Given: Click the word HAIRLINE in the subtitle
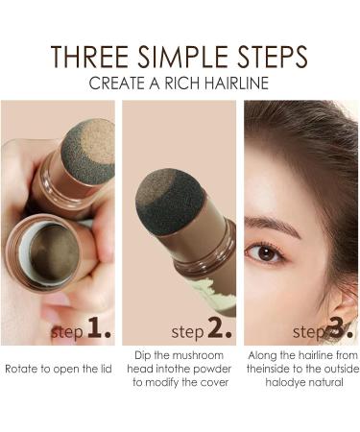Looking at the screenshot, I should coord(235,84).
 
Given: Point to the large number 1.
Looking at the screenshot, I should coord(97,332).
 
